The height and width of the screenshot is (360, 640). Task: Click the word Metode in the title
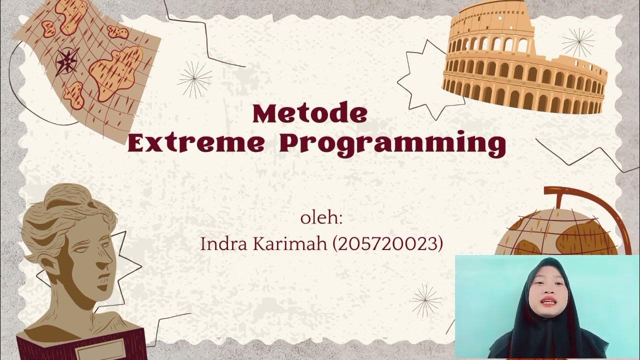[x=309, y=114]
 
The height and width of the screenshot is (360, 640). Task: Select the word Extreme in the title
[x=195, y=143]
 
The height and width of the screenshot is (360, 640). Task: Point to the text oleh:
[x=321, y=219]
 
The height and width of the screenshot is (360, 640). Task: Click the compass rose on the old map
[x=66, y=61]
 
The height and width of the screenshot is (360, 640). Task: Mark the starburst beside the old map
[x=195, y=78]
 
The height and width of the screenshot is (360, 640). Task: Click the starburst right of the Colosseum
[x=577, y=42]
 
